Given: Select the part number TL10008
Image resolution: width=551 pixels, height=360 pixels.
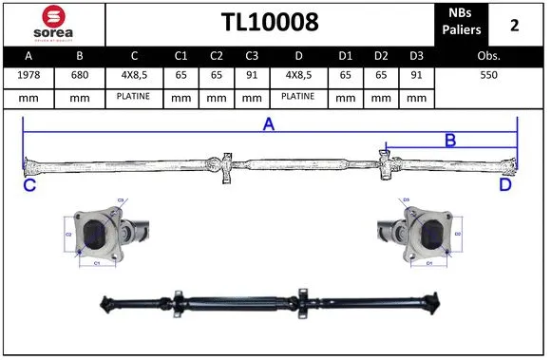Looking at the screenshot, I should pos(269,22).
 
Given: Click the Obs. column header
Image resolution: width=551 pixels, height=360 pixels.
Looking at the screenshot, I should pos(487,56).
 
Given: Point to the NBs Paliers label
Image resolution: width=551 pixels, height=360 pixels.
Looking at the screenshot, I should pos(460,22).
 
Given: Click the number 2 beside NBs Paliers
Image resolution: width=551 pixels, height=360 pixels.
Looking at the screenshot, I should pos(514,23).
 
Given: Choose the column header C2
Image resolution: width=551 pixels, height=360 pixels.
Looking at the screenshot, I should pos(216,56).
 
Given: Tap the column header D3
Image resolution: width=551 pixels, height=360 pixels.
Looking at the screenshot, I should pos(414,56).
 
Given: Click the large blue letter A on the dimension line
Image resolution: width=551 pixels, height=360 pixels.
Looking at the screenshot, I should pos(269,123).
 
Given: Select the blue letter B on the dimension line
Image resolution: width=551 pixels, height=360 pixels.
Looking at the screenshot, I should pos(450,140).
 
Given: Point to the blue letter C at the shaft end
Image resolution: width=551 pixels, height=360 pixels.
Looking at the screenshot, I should pos(29,185).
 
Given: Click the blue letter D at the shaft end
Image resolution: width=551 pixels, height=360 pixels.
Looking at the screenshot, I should pos(504,185).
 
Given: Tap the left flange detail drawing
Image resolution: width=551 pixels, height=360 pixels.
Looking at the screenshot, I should pos(100,234).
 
